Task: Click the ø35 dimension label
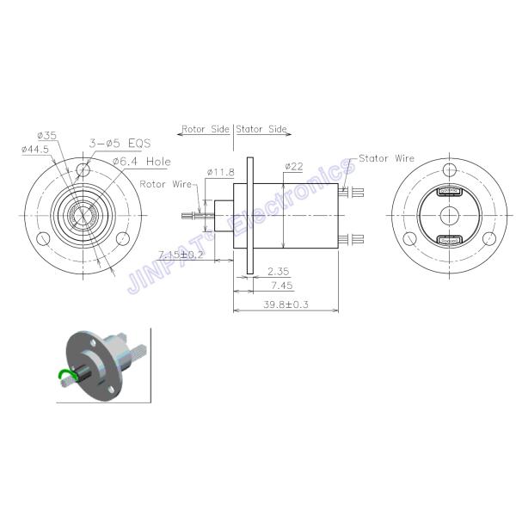47,134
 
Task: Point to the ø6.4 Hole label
142,161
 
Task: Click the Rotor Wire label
165,183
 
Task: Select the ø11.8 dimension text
221,173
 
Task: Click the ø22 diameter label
293,167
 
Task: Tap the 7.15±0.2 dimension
181,255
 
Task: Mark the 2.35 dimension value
277,270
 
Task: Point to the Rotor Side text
205,130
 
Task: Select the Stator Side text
263,130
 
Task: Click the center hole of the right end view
451,215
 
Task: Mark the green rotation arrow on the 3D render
64,372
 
